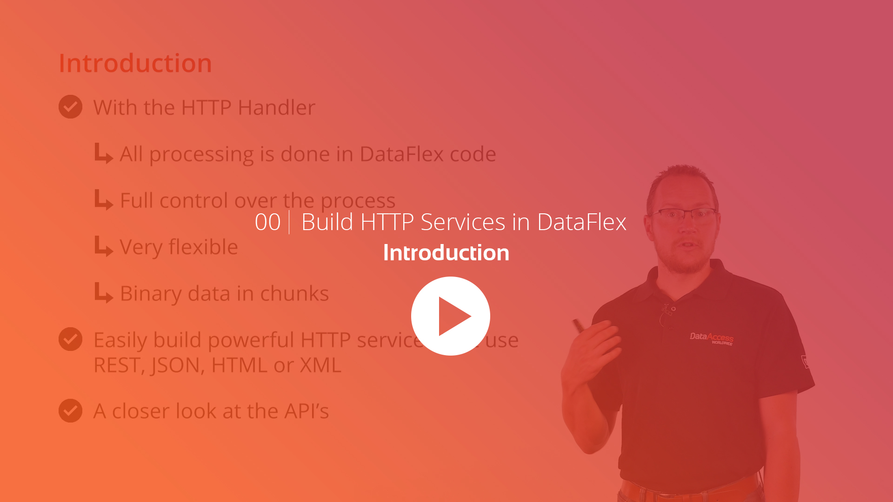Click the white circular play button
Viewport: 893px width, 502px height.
(x=450, y=316)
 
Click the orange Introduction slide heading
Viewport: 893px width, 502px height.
(x=135, y=63)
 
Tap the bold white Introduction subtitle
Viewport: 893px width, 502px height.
(x=446, y=253)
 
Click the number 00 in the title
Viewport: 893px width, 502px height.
(x=267, y=222)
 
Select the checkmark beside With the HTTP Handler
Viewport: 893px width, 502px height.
(x=70, y=107)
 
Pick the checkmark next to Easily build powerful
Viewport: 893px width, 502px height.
(x=70, y=339)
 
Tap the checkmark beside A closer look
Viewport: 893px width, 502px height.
(x=70, y=411)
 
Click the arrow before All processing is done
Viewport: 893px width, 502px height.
(x=103, y=154)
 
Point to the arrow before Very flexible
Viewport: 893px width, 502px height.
(x=103, y=247)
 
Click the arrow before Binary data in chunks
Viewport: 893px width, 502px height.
(x=103, y=293)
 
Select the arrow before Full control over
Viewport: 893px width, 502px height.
(x=103, y=200)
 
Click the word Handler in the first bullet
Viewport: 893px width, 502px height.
(x=276, y=107)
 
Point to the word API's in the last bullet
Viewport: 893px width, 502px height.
(x=307, y=411)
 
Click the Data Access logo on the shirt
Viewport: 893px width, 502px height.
(x=711, y=338)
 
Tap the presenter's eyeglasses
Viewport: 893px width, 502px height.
(x=684, y=214)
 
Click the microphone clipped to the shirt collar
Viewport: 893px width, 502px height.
(x=670, y=310)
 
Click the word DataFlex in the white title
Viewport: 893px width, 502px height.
(x=581, y=222)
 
